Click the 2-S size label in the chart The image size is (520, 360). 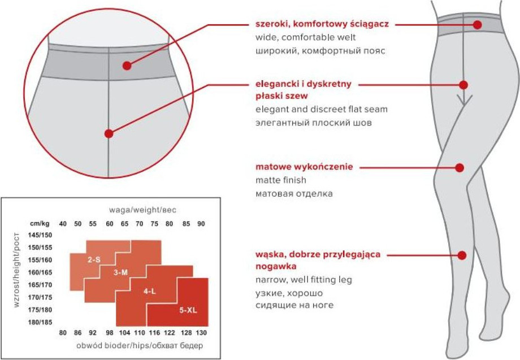coord(94,260)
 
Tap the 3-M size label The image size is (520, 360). coord(120,272)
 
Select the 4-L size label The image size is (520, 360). coord(150,292)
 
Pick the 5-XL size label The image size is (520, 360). coord(188,310)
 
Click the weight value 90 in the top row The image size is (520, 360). coord(201,224)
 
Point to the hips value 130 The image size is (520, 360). coord(201,332)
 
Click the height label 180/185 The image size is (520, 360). coord(40,322)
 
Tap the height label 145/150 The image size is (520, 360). coord(40,235)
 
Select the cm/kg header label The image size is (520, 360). coord(40,223)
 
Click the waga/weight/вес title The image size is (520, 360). coord(142,210)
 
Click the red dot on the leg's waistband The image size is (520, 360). coord(478,24)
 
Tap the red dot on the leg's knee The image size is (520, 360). coord(460,168)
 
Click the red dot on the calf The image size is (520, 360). coord(462,255)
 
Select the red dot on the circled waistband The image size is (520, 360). coord(127,66)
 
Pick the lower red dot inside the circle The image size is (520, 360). coord(109,133)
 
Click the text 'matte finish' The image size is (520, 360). coord(280,180)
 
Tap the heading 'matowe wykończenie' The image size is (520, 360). coord(304,167)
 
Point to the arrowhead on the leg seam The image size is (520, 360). coord(463,101)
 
